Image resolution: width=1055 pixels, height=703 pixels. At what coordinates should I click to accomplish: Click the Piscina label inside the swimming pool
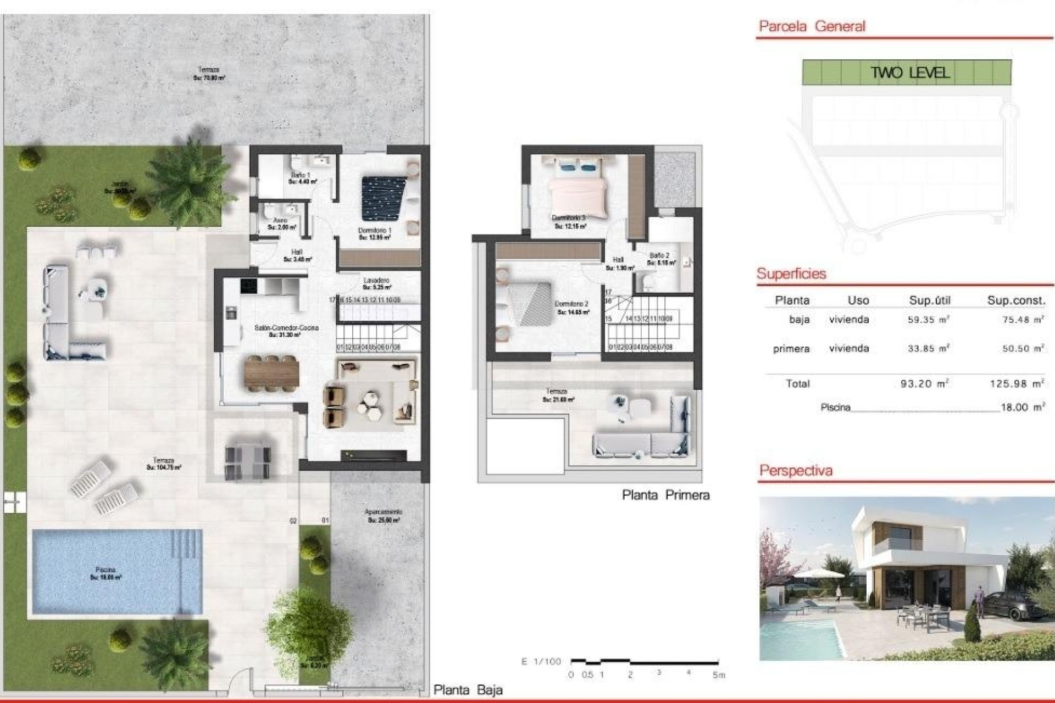coord(105,573)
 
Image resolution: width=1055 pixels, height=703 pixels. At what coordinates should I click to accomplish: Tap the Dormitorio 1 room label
coord(375,234)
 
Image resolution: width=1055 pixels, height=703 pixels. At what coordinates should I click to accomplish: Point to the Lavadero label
coord(376,283)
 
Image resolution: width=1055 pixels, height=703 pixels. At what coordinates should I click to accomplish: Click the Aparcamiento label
coord(384,516)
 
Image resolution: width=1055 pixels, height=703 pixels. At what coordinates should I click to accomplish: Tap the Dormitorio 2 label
coord(572,308)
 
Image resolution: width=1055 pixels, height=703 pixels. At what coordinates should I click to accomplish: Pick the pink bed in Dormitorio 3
coord(578,192)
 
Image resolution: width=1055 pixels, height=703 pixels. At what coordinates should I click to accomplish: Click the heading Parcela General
coord(812,26)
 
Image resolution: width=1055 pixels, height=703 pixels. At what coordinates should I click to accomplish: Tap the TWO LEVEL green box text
coord(910,72)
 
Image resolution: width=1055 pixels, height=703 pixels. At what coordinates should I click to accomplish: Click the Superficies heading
coord(791,274)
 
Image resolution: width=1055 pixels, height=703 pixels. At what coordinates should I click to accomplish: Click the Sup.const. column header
coord(1016,300)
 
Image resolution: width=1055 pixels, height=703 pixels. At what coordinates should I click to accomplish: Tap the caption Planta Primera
coord(665,495)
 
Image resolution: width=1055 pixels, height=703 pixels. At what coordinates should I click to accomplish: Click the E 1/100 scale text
coord(541,662)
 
